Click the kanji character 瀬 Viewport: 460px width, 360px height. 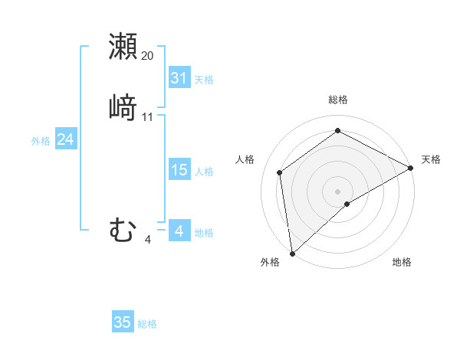pyautogui.click(x=123, y=46)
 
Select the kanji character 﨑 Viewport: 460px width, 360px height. pyautogui.click(x=123, y=107)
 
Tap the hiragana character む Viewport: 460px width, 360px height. pyautogui.click(x=123, y=231)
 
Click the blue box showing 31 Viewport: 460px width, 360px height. pyautogui.click(x=179, y=78)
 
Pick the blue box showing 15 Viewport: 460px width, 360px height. pyautogui.click(x=179, y=171)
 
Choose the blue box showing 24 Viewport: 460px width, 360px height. pyautogui.click(x=65, y=139)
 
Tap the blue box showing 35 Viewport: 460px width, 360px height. pyautogui.click(x=123, y=322)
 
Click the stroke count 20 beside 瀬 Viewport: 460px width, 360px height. pyautogui.click(x=148, y=56)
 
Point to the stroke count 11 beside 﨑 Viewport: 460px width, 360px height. pyautogui.click(x=148, y=117)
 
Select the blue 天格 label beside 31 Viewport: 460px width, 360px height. pyautogui.click(x=204, y=79)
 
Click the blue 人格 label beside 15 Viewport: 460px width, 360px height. pyautogui.click(x=204, y=172)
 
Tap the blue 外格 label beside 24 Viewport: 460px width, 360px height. pyautogui.click(x=41, y=140)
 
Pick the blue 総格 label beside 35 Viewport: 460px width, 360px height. pyautogui.click(x=147, y=323)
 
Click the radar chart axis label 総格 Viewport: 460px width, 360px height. pyautogui.click(x=338, y=100)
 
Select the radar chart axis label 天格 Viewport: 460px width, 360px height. pyautogui.click(x=431, y=159)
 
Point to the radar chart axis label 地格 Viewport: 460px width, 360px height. pyautogui.click(x=402, y=263)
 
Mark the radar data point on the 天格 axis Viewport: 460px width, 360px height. pyautogui.click(x=411, y=168)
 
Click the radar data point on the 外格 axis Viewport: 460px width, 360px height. pyautogui.click(x=292, y=253)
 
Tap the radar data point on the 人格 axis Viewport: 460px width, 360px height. pyautogui.click(x=280, y=172)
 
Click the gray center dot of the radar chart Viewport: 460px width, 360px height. pyautogui.click(x=338, y=191)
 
